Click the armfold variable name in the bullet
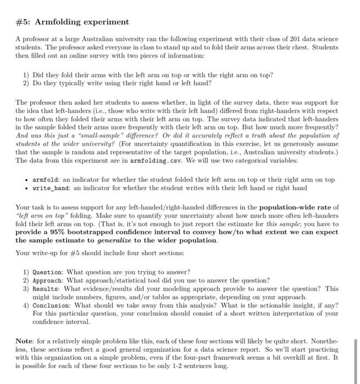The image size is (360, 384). (47, 179)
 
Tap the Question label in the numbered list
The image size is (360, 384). (48, 272)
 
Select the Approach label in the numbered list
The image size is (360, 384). (48, 280)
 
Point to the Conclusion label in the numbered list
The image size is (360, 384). (52, 305)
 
